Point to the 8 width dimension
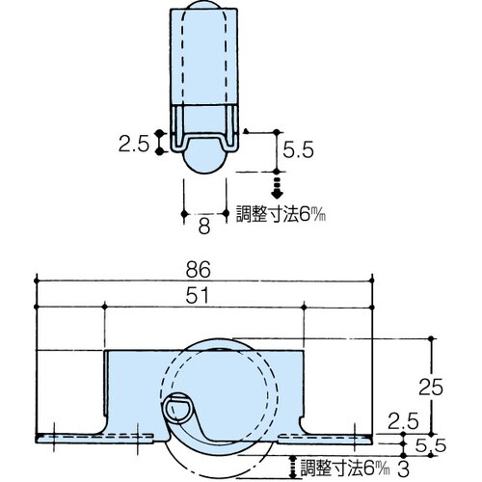click(203, 228)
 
